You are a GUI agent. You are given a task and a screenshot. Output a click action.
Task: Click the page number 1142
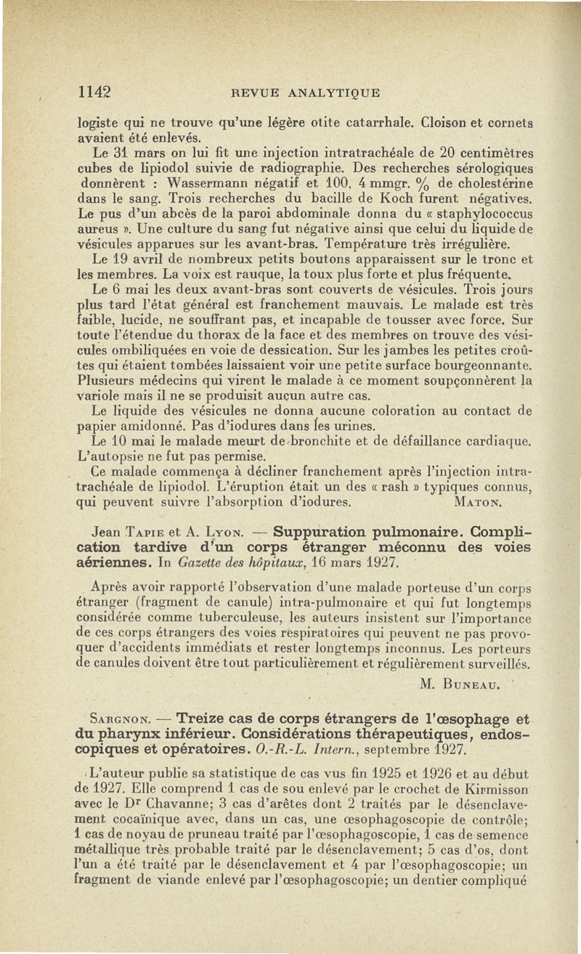[94, 92]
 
